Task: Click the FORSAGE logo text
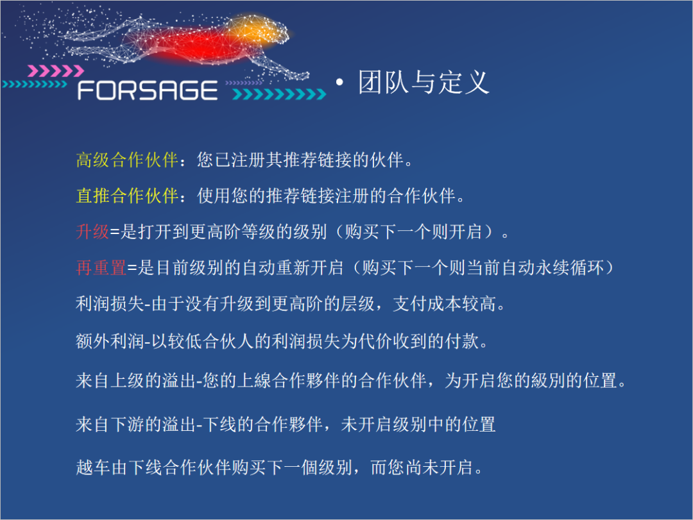(x=148, y=90)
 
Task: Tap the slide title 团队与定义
(x=424, y=83)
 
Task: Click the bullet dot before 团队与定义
(x=340, y=84)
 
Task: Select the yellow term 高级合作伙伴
(x=126, y=160)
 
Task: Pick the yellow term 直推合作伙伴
(x=126, y=196)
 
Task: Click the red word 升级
(x=92, y=231)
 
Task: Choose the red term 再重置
(x=101, y=267)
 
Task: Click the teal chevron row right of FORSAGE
(x=279, y=94)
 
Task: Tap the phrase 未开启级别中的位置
(x=418, y=424)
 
